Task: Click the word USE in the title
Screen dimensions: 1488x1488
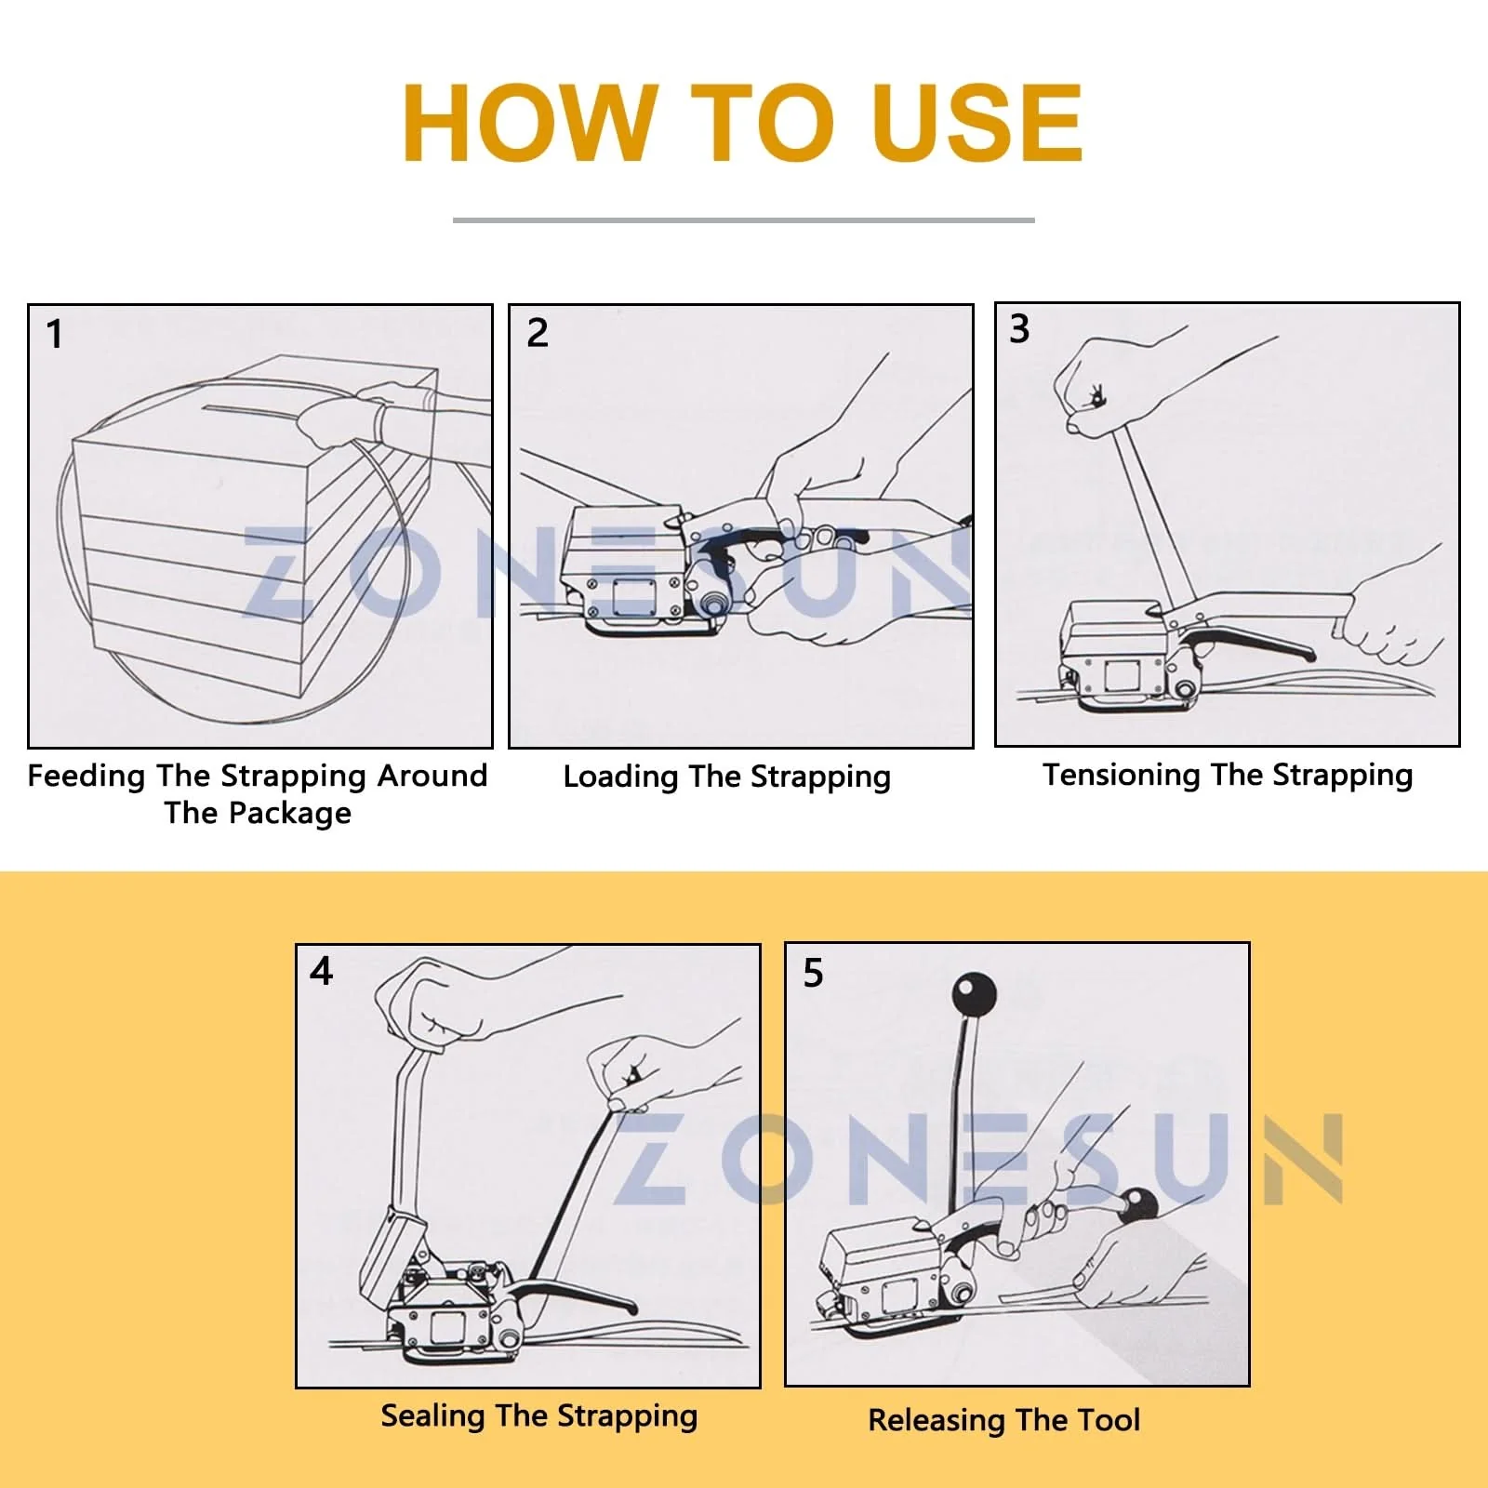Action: point(977,123)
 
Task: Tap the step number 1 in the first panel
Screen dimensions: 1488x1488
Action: point(55,334)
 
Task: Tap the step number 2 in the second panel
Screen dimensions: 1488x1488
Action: point(538,333)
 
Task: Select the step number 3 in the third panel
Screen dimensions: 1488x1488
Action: point(1019,329)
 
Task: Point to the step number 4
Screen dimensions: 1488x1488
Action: point(321,971)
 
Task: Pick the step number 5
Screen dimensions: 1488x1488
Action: point(813,973)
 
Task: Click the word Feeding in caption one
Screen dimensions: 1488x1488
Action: point(86,777)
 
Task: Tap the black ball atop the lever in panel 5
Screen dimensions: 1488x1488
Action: point(974,995)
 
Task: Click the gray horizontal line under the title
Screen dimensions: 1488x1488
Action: point(744,220)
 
